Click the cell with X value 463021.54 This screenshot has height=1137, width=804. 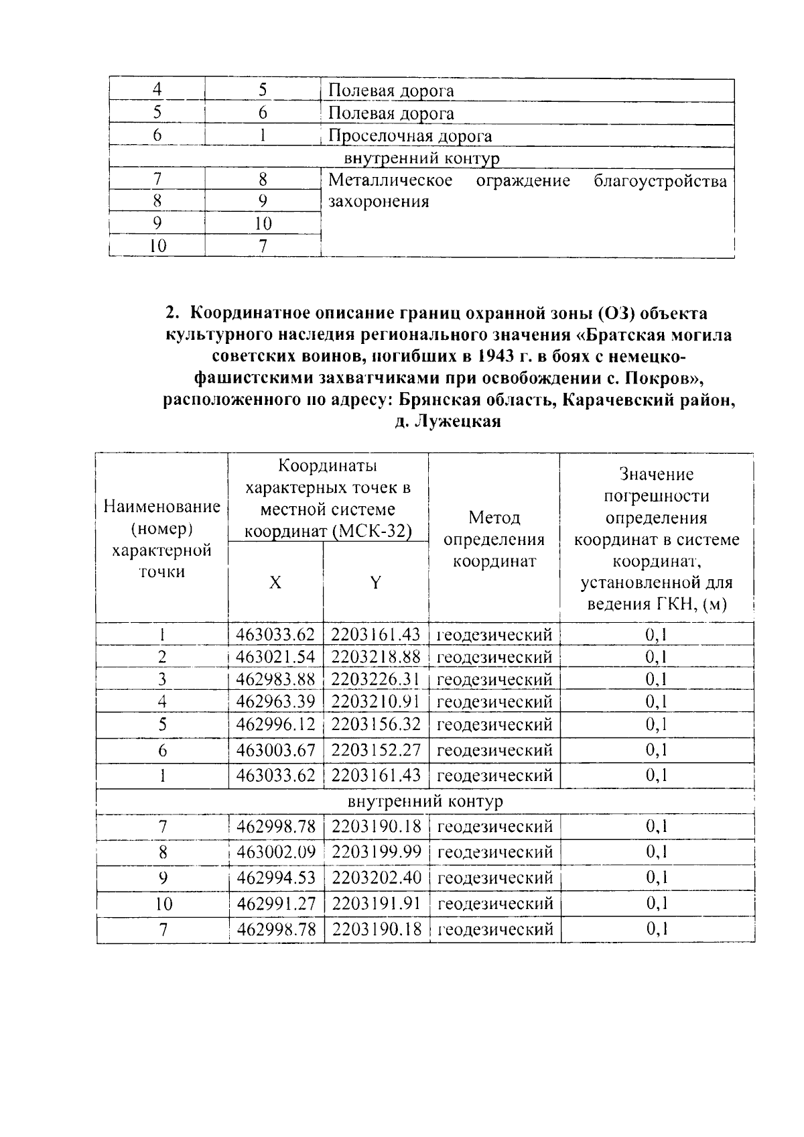coord(276,656)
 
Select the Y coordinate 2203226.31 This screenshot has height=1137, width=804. coord(375,679)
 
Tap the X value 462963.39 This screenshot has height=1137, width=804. coord(276,702)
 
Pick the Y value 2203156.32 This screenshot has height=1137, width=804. coord(375,725)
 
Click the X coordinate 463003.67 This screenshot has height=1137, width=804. coord(276,750)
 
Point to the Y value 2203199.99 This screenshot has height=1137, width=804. coord(376,852)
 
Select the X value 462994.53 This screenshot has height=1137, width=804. coord(276,878)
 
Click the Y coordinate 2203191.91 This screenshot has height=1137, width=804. coord(376,903)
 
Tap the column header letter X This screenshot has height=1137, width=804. coord(275,583)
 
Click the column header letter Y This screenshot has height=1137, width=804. coord(375,583)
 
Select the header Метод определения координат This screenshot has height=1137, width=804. coord(494,539)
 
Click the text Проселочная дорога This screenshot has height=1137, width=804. coord(410,136)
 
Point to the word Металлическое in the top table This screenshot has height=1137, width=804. coord(391,180)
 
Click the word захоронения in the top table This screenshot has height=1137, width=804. coord(379,201)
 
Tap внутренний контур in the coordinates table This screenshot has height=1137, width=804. coord(425,801)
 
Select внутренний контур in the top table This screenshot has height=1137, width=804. coord(421,158)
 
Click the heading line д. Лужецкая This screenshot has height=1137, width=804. coord(448,422)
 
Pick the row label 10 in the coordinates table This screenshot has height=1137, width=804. coord(163,904)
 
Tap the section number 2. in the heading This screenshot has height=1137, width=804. coord(174,313)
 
